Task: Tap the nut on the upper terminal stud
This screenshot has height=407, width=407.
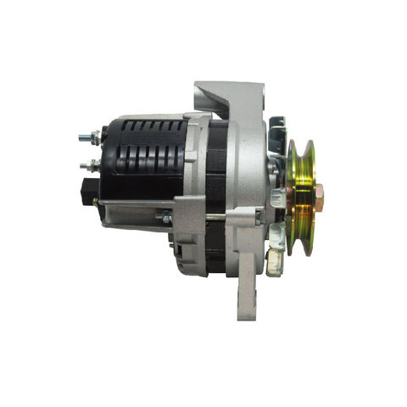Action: coord(97,137)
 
